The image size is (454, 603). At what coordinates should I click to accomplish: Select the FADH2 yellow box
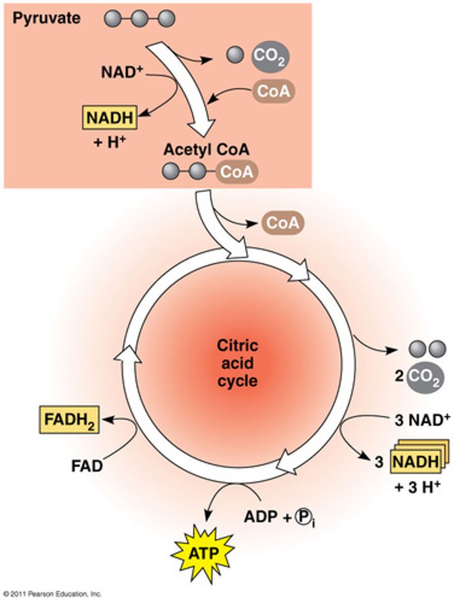click(68, 421)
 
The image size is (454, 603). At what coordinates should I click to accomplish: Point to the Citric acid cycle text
click(237, 363)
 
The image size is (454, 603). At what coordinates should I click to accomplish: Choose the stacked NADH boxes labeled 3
click(416, 461)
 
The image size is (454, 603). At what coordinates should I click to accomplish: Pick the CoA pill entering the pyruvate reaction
click(273, 91)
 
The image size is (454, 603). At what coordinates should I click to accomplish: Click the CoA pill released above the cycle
click(280, 223)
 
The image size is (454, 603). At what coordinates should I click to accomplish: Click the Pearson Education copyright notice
click(52, 594)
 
